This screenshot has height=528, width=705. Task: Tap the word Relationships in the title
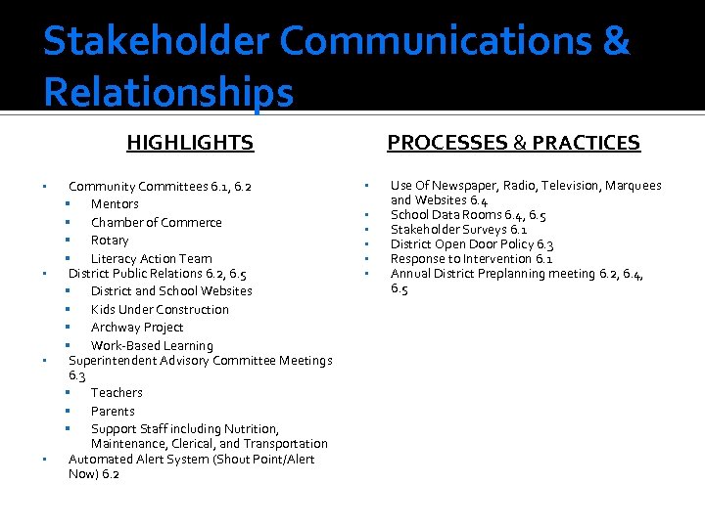coord(167,93)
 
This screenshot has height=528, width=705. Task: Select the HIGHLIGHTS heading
coord(190,143)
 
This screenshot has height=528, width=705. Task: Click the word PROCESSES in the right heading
coord(446,143)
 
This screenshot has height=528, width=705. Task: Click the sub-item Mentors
coord(115,204)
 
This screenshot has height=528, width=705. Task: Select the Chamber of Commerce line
coord(156,222)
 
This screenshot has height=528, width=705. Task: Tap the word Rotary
coord(110,241)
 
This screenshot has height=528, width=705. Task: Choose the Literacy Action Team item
coord(151,259)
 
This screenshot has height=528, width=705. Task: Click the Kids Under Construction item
coord(160,310)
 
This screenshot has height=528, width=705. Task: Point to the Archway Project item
coord(137,328)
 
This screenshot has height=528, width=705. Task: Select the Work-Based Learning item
coord(152,346)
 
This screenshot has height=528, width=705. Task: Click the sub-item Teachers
coord(117,393)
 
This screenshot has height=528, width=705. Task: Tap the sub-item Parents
coord(113,412)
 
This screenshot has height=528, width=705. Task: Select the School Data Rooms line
coord(468,215)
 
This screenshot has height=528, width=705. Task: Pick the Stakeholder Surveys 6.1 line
coord(458,230)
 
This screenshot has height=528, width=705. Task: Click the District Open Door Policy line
coord(472,244)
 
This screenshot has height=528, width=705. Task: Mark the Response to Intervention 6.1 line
coord(471,259)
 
